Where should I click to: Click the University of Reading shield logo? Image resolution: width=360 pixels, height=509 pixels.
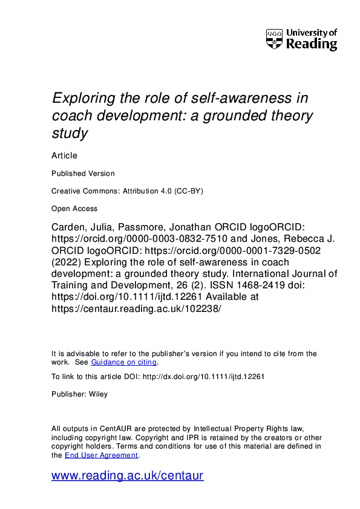point(274,39)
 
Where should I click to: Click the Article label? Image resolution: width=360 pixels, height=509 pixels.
point(64,155)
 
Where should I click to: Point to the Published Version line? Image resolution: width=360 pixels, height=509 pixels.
point(83,173)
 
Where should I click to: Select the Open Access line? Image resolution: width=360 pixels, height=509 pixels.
point(74,209)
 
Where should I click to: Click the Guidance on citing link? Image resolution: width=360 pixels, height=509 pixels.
point(123,362)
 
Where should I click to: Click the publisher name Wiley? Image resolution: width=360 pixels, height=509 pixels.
point(97,394)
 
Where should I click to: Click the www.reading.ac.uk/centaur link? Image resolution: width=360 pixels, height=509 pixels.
point(128,475)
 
